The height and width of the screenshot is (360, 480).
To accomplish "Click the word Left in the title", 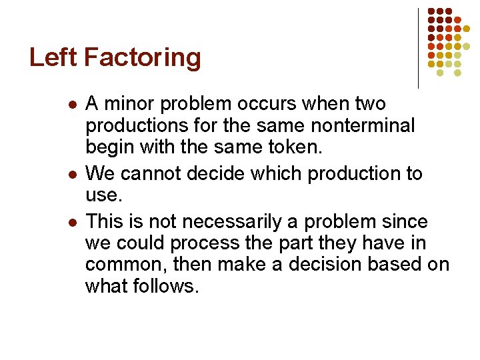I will tap(54, 58).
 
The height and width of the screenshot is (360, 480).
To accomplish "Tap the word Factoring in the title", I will tap(143, 58).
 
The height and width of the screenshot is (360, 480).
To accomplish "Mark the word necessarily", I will tap(219, 221).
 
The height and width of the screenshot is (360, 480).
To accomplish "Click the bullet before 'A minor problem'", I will tap(72, 105).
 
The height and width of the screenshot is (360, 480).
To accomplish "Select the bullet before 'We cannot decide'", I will tap(72, 175).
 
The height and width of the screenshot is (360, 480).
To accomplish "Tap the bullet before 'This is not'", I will tap(72, 222).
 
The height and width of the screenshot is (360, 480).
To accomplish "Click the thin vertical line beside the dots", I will tap(419, 48).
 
